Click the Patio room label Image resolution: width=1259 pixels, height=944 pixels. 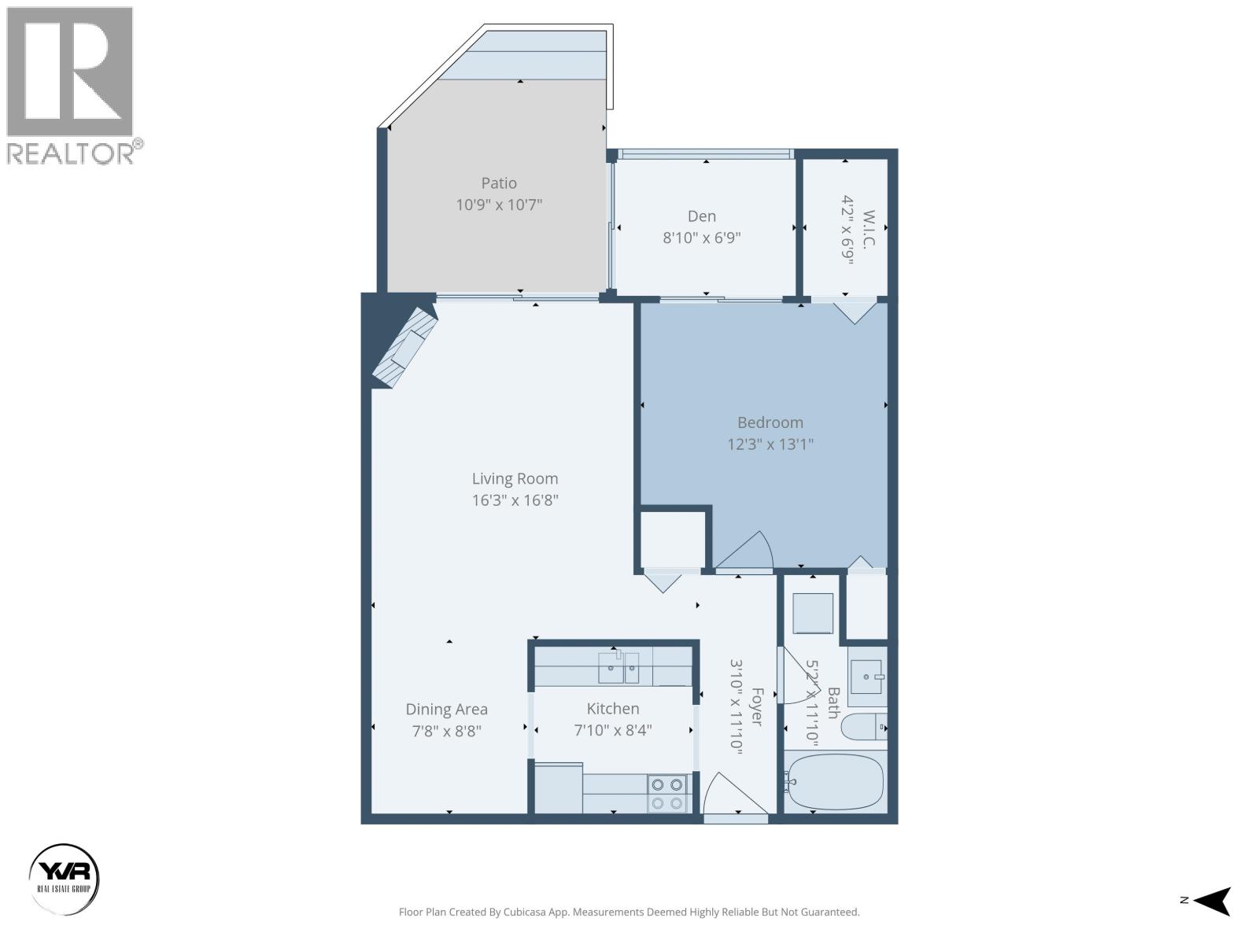(x=499, y=183)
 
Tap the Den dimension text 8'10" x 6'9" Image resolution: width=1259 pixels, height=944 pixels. (x=702, y=238)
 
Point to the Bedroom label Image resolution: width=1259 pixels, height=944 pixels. (x=770, y=422)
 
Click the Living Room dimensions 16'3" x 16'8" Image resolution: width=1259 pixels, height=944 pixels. (x=515, y=500)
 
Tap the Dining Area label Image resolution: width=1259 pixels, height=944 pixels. (x=446, y=710)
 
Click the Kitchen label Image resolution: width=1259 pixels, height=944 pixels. (x=612, y=709)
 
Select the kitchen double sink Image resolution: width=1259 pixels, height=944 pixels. (x=618, y=668)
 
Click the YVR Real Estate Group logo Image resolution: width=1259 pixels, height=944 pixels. (x=65, y=879)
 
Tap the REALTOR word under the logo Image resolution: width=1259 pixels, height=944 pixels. (x=71, y=153)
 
